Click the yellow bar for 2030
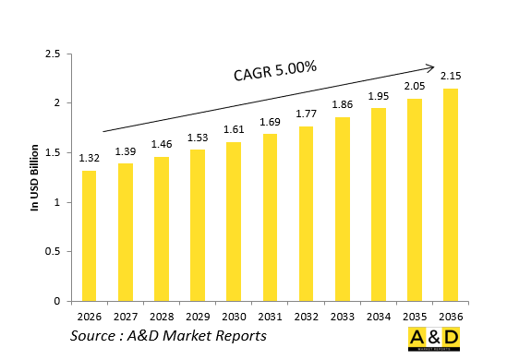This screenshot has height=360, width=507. coord(233,222)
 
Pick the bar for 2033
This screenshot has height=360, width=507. coord(341,209)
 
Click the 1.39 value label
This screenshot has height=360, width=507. coord(125,151)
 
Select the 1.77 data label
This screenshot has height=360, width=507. coord(305,114)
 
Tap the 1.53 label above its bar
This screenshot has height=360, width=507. coord(197,138)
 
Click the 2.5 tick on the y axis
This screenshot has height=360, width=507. coord(53,54)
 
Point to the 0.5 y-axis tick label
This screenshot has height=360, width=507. coord(53,252)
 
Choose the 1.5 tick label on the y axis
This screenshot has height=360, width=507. coord(53,153)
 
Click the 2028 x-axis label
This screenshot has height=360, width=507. coord(161,315)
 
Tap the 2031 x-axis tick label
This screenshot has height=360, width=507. coord(269,315)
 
